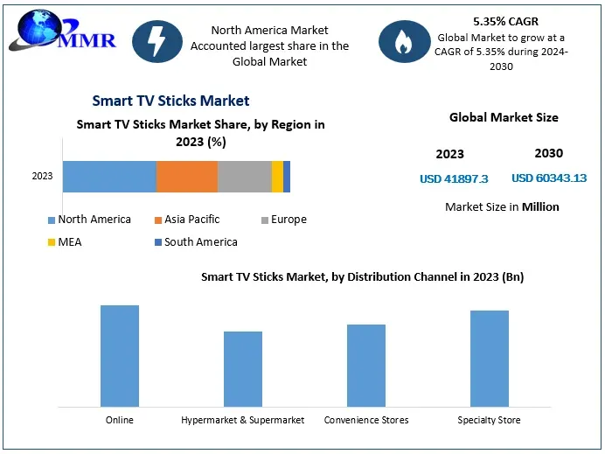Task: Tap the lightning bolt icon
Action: tap(157, 41)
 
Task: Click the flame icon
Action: tap(403, 41)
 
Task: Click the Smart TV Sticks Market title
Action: tap(170, 101)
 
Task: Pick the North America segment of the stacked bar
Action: tap(109, 177)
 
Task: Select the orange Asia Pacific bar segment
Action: tap(186, 177)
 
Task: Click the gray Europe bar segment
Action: tap(244, 177)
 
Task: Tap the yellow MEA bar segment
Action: tap(277, 177)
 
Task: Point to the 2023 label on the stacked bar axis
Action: tap(42, 177)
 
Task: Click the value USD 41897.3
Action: tap(454, 178)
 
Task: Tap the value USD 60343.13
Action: tap(549, 178)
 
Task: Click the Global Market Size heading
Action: tap(504, 117)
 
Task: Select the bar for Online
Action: tap(120, 355)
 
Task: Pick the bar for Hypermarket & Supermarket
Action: tap(243, 368)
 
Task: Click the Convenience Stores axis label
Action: tap(366, 420)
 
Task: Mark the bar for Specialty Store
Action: tap(490, 358)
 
